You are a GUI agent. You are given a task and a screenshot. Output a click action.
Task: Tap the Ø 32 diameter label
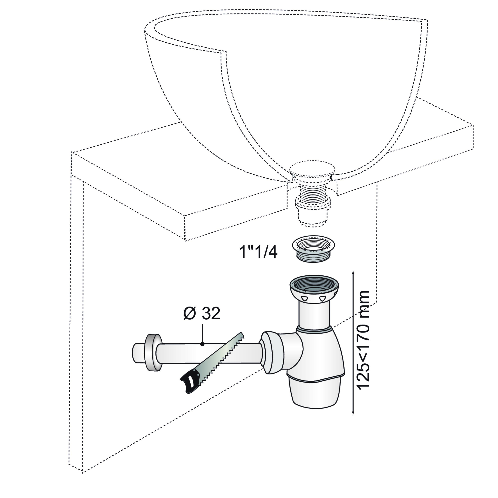click(x=202, y=313)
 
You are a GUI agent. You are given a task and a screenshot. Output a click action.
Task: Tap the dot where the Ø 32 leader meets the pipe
click(x=202, y=344)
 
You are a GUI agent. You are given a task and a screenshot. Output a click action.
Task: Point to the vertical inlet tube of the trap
click(x=314, y=314)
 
